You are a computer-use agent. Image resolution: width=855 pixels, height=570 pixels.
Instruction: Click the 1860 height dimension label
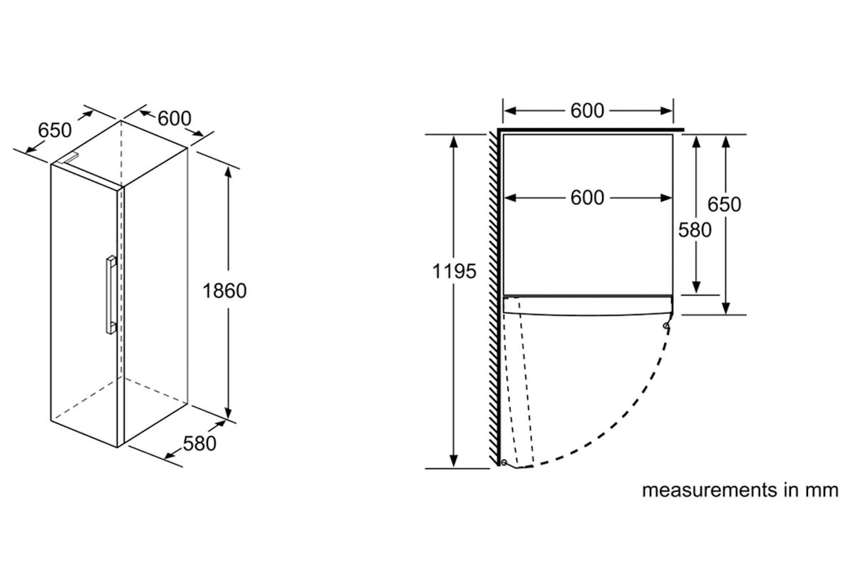coord(224,291)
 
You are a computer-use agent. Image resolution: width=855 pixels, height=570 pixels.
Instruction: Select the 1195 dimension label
coord(455,271)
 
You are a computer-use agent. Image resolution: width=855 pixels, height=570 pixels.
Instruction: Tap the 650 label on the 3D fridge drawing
coord(55,130)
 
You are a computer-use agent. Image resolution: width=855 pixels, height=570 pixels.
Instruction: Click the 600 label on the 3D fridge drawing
coord(175,118)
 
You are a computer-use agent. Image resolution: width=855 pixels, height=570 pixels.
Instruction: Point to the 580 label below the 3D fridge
coord(199,444)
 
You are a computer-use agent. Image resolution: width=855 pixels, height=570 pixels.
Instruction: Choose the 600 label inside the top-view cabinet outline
coord(587,198)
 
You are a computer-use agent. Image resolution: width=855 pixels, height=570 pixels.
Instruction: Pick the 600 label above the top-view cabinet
coord(587,110)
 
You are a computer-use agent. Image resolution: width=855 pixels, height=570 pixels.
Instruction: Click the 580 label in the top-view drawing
coord(695,230)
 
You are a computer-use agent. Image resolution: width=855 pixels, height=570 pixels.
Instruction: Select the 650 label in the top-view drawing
coord(725,204)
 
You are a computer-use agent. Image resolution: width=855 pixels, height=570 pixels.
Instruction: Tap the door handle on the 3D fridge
coord(111,295)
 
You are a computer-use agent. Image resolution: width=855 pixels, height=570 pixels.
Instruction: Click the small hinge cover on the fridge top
coord(68,158)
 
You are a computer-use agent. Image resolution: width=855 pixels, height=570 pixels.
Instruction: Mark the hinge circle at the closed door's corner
coord(666,326)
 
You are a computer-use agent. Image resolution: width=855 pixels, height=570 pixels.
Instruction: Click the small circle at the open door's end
coord(504,462)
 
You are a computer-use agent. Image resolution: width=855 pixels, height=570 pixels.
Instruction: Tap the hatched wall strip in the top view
coord(494,300)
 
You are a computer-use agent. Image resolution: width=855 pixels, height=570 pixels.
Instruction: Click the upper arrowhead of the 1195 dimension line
coord(453,142)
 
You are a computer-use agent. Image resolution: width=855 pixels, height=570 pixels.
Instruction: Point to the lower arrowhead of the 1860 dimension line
coord(228,413)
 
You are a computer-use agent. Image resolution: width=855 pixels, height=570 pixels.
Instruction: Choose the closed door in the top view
coord(588,306)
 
